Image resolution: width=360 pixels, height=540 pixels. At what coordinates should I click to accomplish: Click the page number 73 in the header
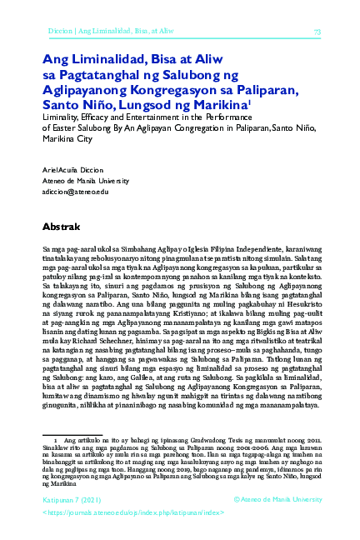(317, 32)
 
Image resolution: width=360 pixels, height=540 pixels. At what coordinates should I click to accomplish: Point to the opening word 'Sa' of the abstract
(47, 249)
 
